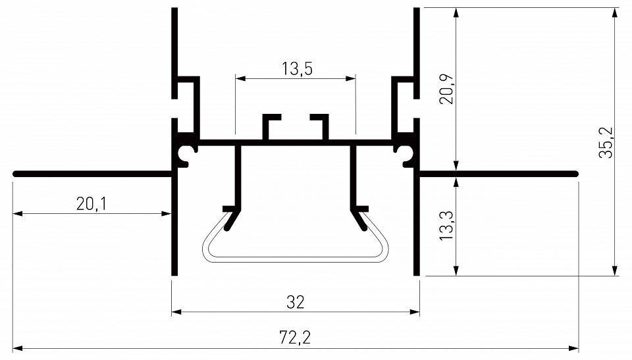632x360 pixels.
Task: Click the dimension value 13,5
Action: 296,68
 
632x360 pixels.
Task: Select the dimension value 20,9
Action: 447,90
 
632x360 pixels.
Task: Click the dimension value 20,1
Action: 92,204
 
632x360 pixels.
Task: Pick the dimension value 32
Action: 296,302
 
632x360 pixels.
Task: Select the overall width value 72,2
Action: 296,338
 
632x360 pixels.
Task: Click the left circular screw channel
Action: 186,154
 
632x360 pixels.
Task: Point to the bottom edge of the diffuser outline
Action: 295,259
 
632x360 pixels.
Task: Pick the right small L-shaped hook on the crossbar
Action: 321,125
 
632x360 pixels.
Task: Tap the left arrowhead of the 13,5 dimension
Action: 240,78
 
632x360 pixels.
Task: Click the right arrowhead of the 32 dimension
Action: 415,311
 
